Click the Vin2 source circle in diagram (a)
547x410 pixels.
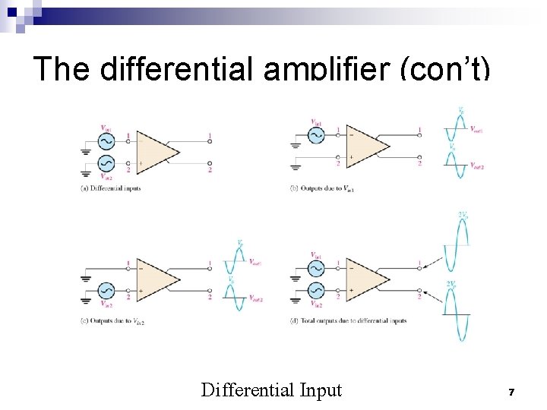point(106,163)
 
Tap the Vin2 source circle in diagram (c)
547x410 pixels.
point(106,290)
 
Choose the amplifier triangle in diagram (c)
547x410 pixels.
point(156,279)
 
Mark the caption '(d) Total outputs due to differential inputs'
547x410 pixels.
point(349,320)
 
